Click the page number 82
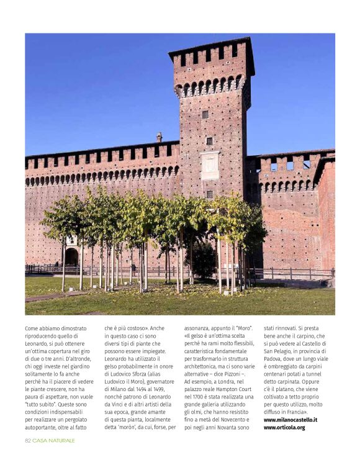click(x=28, y=440)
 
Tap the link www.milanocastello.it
click(x=290, y=420)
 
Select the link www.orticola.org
click(x=284, y=427)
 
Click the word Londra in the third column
click(x=228, y=381)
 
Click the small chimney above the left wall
click(x=159, y=137)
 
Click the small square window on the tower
click(x=205, y=114)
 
